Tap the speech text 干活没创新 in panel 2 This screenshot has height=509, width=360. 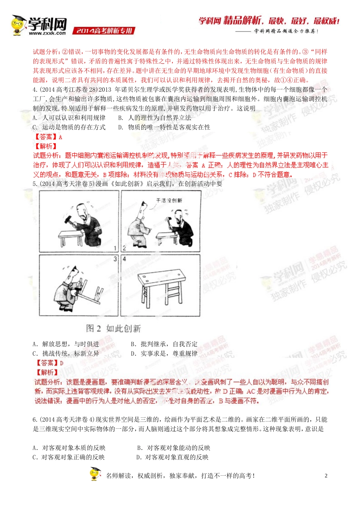(169, 200)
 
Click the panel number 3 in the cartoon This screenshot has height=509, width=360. (115, 259)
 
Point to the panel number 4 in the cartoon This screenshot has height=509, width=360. (124, 259)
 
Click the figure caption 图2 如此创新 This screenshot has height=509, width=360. (113, 328)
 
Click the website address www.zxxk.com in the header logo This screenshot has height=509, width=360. (47, 33)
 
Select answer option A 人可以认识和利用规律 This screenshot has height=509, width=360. (70, 118)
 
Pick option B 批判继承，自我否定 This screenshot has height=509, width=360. (164, 344)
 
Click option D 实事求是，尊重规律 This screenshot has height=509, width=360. (164, 353)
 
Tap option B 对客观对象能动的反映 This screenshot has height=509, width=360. (174, 448)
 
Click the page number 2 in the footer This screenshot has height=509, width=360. (326, 476)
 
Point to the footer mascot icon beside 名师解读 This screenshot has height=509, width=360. (95, 474)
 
